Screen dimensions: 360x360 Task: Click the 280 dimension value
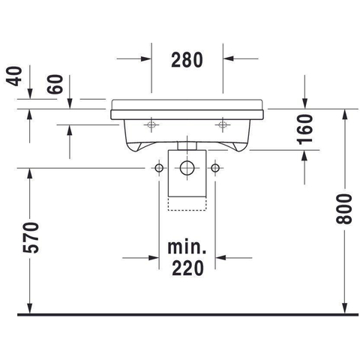pyautogui.click(x=187, y=60)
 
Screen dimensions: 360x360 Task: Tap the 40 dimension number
pyautogui.click(x=14, y=76)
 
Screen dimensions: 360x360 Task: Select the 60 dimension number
pyautogui.click(x=55, y=84)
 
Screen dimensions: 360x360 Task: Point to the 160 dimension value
pyautogui.click(x=305, y=129)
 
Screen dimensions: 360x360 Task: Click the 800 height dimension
pyautogui.click(x=344, y=209)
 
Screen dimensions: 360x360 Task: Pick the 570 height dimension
pyautogui.click(x=31, y=238)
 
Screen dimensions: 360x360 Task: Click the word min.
pyautogui.click(x=187, y=247)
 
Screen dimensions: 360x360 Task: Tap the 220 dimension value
pyautogui.click(x=187, y=268)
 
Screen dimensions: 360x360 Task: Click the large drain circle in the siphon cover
pyautogui.click(x=187, y=168)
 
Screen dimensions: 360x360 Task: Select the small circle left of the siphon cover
pyautogui.click(x=159, y=168)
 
